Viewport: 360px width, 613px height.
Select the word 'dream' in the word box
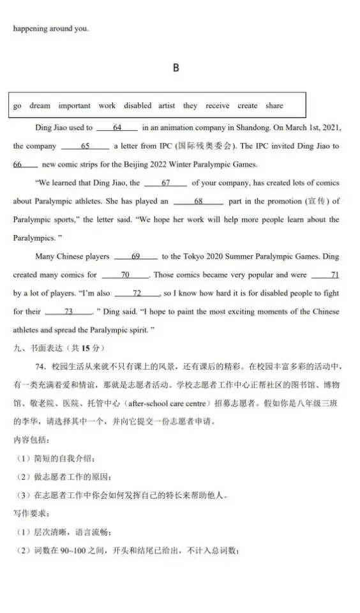pyautogui.click(x=40, y=106)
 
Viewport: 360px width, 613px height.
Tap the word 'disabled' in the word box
pyautogui.click(x=138, y=106)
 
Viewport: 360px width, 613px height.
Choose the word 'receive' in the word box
pyautogui.click(x=217, y=106)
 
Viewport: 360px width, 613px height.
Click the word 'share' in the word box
pyautogui.click(x=274, y=106)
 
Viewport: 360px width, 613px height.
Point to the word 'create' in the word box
pyautogui.click(x=248, y=106)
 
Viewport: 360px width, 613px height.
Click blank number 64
pyautogui.click(x=117, y=128)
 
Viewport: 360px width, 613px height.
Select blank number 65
pyautogui.click(x=86, y=146)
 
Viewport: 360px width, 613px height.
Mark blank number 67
pyautogui.click(x=165, y=183)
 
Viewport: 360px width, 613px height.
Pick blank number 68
pyautogui.click(x=198, y=202)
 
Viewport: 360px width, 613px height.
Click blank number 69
pyautogui.click(x=135, y=257)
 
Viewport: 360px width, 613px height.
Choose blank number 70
pyautogui.click(x=125, y=275)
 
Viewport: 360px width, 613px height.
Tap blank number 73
pyautogui.click(x=69, y=312)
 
